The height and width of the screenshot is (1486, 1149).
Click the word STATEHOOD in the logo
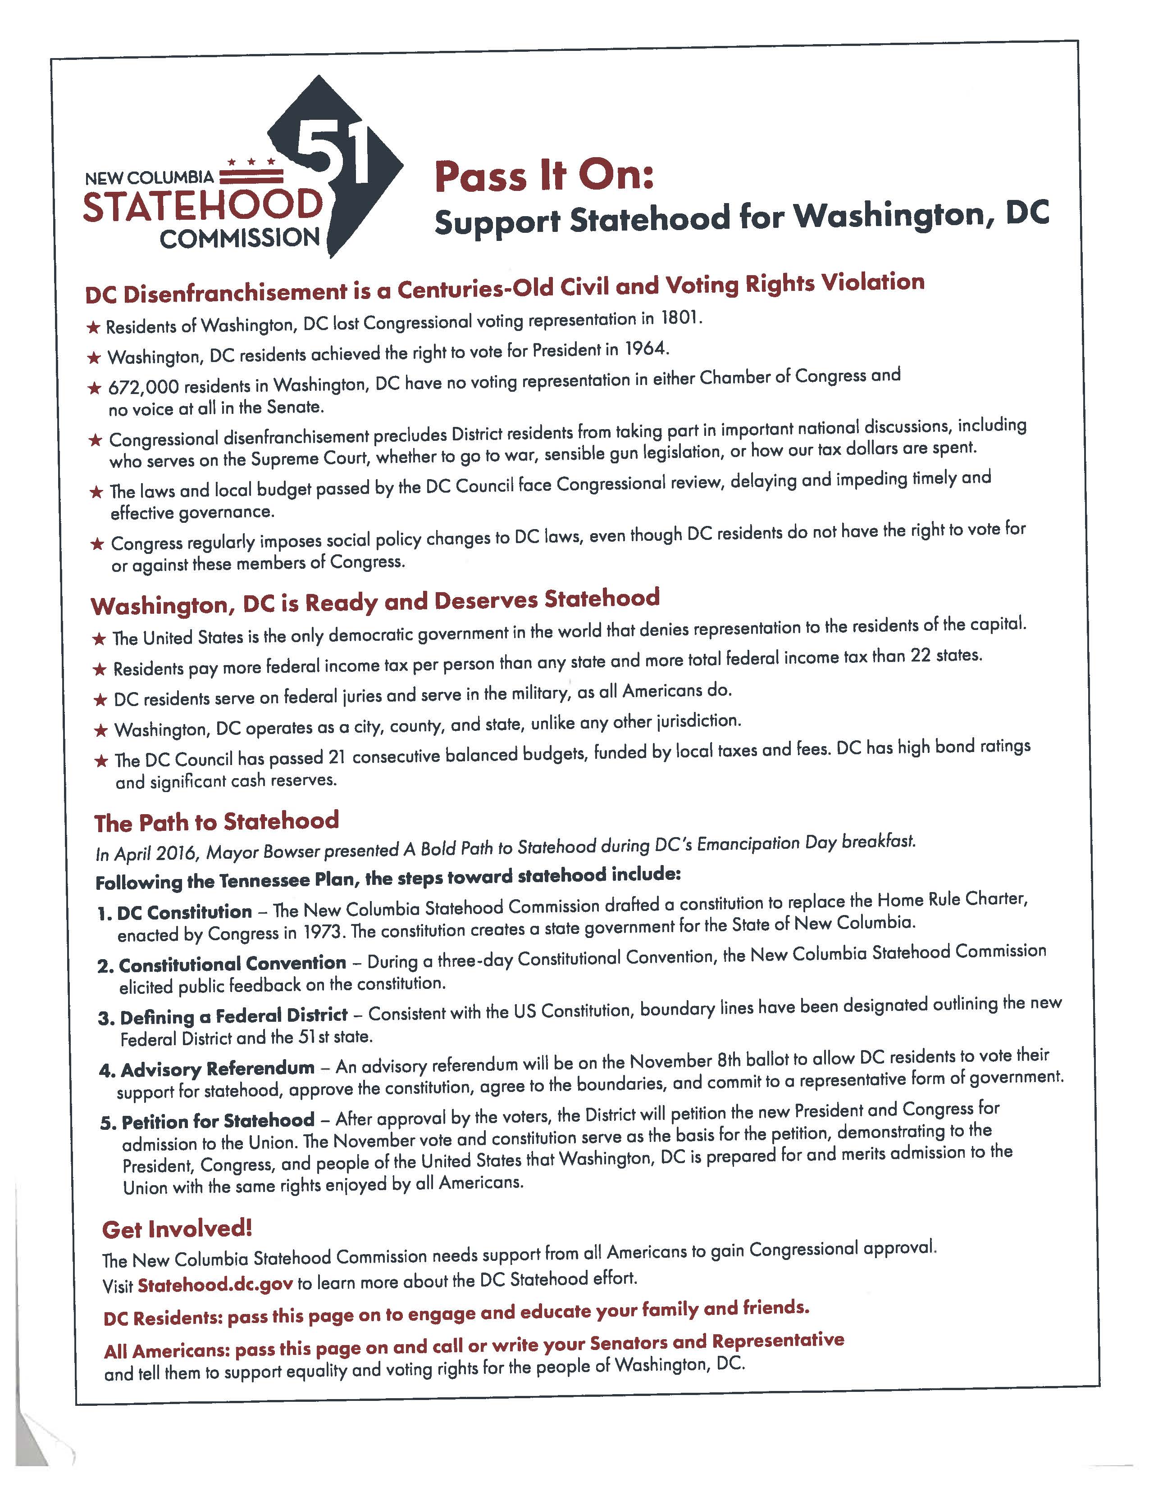click(202, 206)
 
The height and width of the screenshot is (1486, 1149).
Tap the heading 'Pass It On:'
click(544, 176)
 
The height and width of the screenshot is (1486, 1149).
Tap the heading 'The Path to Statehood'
click(216, 822)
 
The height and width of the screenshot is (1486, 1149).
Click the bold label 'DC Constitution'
click(184, 912)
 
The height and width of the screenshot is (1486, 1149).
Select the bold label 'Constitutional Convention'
click(232, 964)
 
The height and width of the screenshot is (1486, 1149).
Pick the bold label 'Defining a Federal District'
click(233, 1016)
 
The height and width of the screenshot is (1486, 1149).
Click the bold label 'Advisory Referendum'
click(218, 1069)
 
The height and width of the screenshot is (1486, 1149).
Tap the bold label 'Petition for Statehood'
click(218, 1121)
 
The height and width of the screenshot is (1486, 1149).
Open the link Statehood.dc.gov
click(215, 1285)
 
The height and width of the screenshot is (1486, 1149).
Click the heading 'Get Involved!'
click(177, 1229)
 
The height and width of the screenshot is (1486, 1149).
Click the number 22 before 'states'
click(921, 656)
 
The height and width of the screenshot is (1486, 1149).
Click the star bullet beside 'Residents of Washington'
click(93, 328)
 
